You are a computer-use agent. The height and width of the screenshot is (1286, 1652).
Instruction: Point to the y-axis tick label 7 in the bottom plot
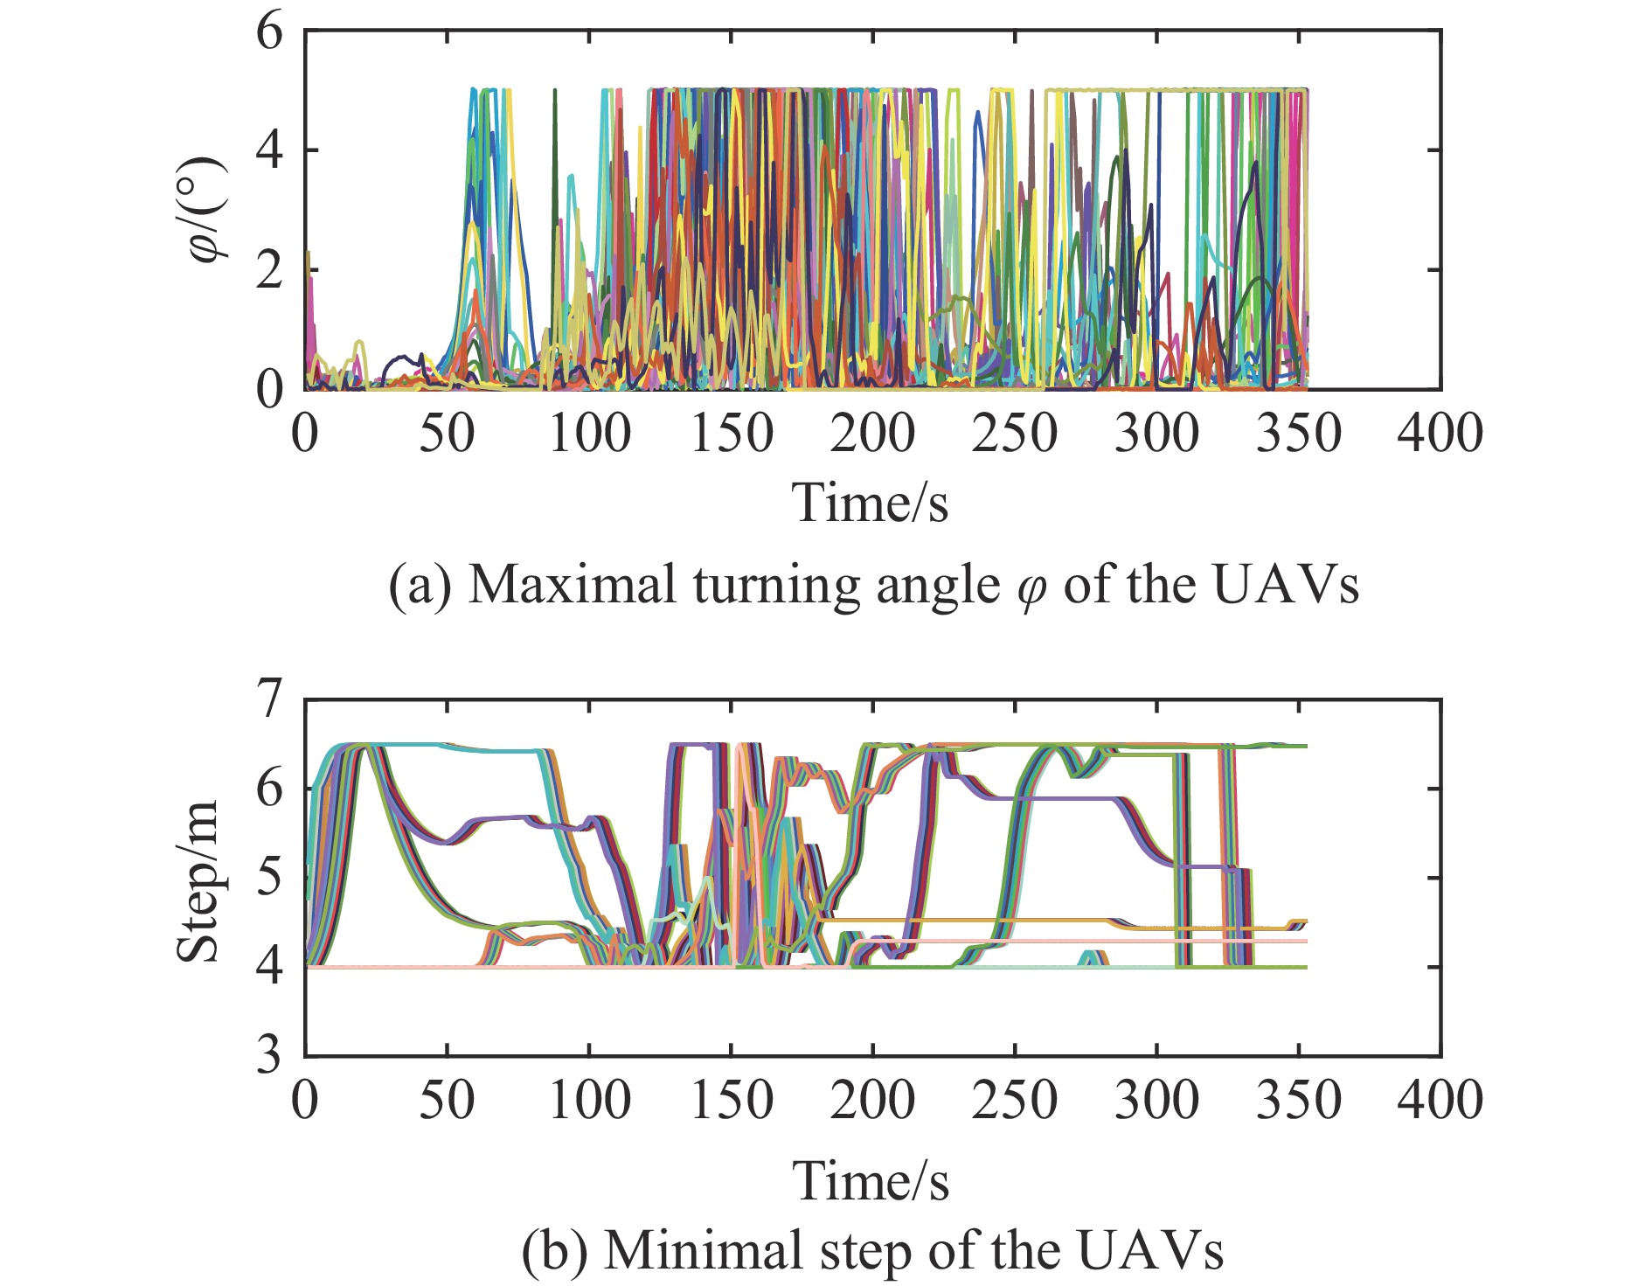point(271,699)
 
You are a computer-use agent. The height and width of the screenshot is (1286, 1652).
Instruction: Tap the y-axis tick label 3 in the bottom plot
point(271,1055)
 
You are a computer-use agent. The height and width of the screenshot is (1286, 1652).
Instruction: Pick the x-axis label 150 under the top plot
point(732,434)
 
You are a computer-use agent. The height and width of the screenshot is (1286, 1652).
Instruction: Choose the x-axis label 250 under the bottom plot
point(1015,1100)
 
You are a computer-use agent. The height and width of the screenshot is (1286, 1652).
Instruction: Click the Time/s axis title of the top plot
point(870,503)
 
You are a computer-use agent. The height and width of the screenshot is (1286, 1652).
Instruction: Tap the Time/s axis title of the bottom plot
point(870,1181)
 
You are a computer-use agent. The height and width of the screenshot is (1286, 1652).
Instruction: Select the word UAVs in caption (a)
point(1286,585)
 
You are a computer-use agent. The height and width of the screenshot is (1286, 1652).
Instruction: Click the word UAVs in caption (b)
point(1150,1251)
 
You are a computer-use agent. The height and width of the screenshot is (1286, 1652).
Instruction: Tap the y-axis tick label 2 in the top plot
point(271,270)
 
